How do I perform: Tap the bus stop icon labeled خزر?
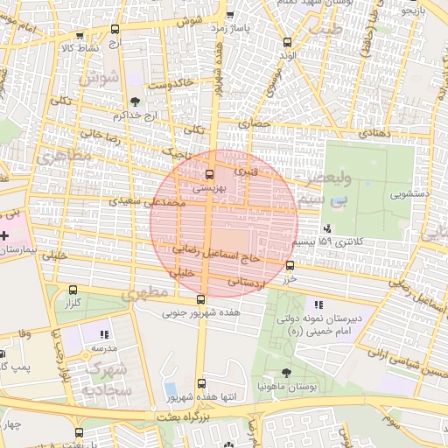[290, 265]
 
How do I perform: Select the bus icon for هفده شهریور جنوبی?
[201, 299]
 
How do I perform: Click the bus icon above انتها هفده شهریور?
[202, 383]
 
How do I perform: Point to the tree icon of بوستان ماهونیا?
[287, 373]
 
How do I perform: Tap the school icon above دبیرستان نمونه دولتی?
[318, 305]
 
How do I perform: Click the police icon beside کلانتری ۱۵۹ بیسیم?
[327, 228]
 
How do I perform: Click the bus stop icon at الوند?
[288, 42]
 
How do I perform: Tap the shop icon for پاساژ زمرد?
[229, 15]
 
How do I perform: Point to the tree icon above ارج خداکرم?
[134, 102]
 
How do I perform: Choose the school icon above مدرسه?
[104, 334]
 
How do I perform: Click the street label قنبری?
[248, 171]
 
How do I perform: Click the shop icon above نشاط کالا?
[80, 36]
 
